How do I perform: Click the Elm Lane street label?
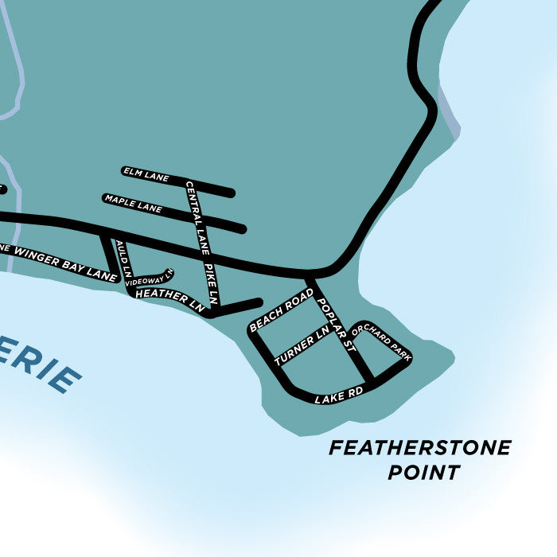146,175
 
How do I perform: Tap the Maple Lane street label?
133,204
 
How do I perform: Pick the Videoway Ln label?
149,278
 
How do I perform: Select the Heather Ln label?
170,298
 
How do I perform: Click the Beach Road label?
282,310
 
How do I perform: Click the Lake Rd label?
338,393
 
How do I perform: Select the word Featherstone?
420,448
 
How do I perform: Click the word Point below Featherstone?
423,473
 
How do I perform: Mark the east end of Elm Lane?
231,193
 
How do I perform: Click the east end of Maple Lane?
242,229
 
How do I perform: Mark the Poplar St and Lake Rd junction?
369,379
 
